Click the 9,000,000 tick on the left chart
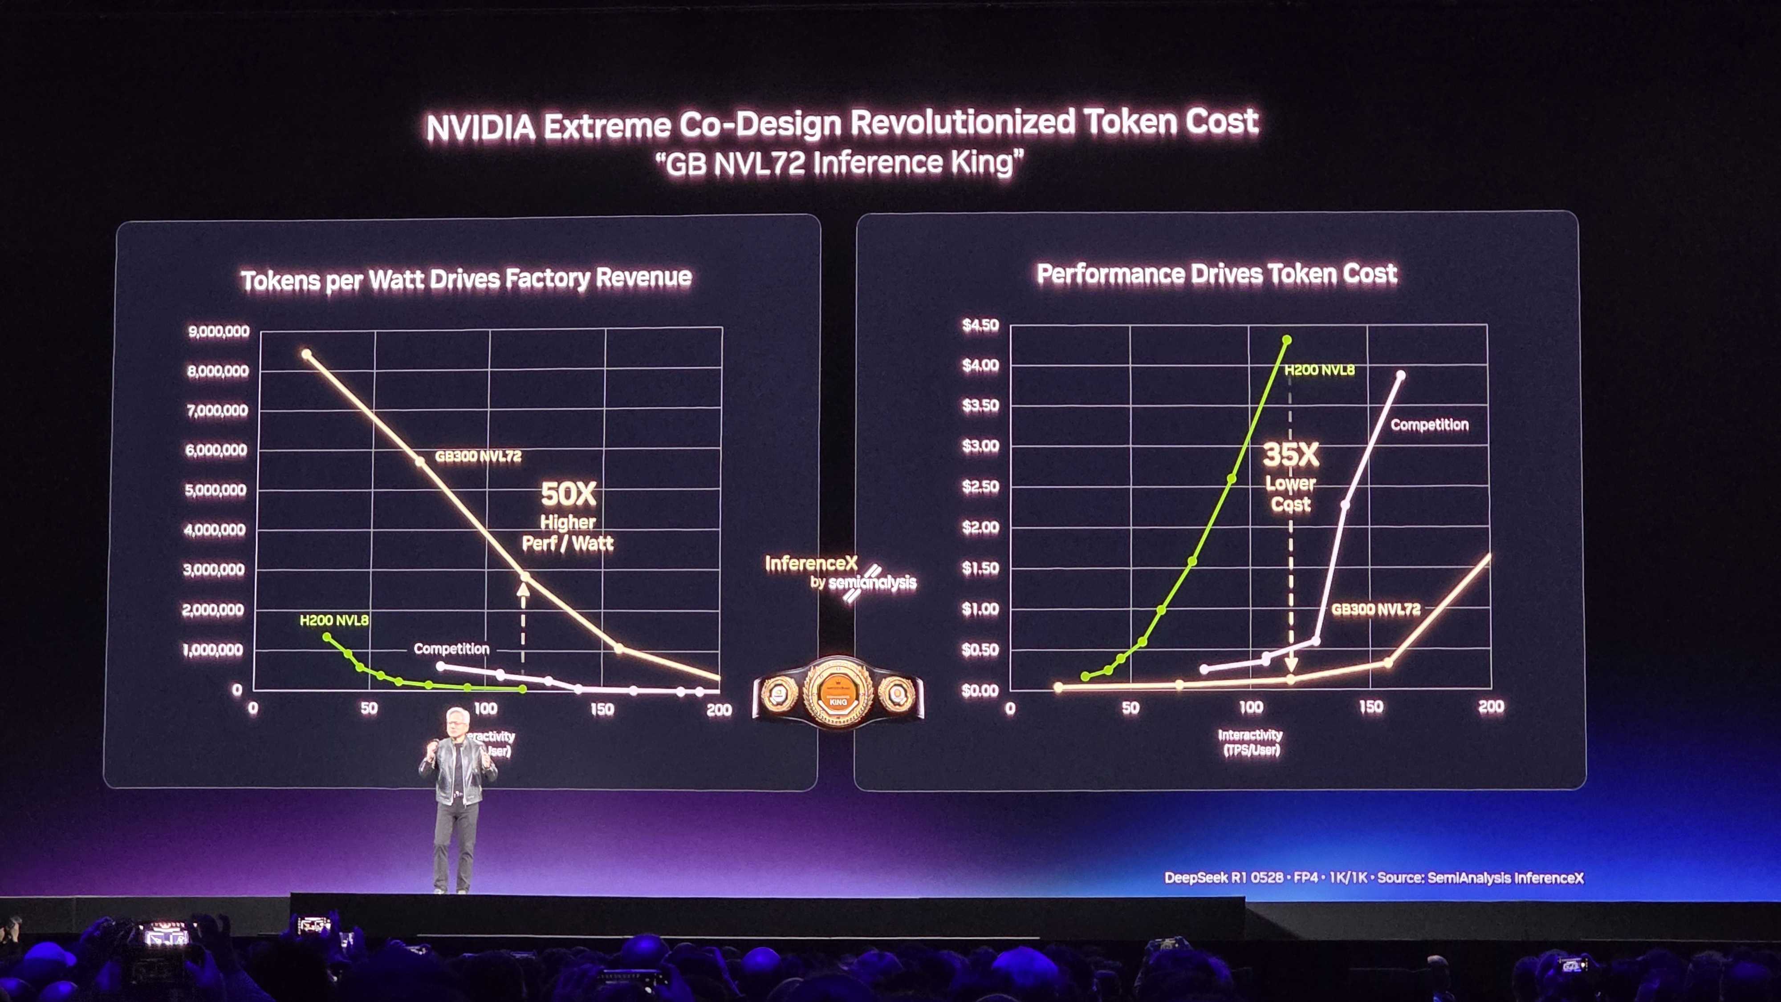219,331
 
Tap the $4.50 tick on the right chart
980,325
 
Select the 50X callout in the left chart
568,493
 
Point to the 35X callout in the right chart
1291,454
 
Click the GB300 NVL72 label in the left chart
478,456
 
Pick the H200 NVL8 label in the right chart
1319,370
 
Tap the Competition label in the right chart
1429,424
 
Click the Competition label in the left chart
451,649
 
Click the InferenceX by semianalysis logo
840,574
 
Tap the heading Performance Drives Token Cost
1216,274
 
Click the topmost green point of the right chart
1287,340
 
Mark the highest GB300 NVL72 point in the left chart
306,354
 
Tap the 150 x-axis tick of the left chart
602,709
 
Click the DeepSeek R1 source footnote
1374,877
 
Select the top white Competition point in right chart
1401,375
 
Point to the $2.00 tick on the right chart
980,527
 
